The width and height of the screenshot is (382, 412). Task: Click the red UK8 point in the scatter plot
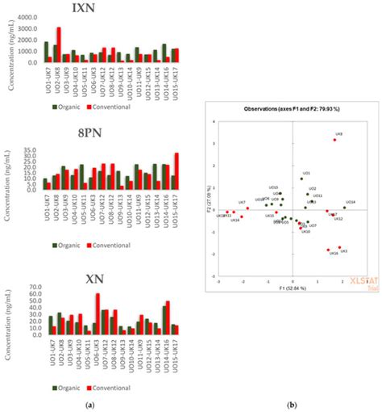point(334,140)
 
